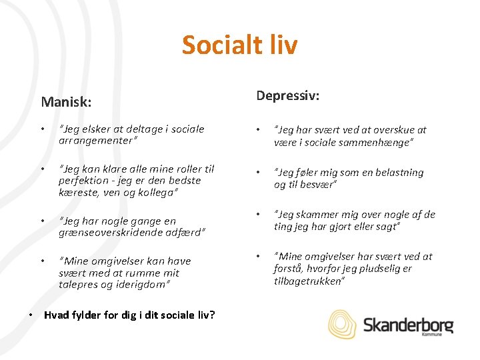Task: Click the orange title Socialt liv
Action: (x=239, y=45)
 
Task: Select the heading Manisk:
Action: (x=66, y=102)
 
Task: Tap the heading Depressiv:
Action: (x=288, y=96)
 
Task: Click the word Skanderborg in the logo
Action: (x=408, y=325)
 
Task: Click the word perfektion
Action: (x=83, y=181)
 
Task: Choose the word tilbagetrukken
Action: (x=309, y=281)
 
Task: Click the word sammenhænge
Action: (x=379, y=142)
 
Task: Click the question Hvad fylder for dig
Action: (x=129, y=314)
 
